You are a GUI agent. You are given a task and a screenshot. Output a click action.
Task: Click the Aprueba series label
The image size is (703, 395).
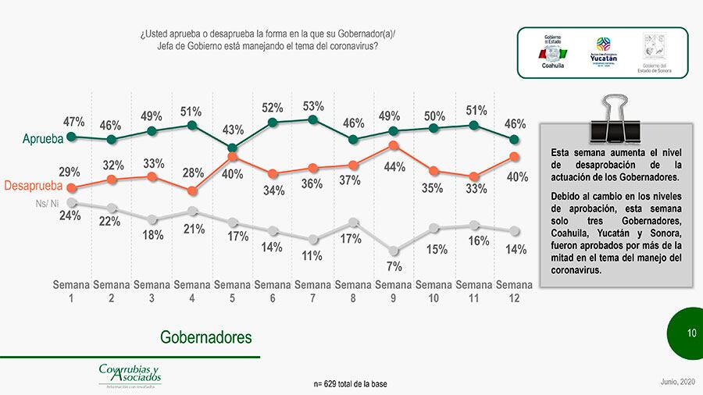tap(41, 140)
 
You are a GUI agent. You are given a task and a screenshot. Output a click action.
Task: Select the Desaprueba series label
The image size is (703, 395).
tap(33, 187)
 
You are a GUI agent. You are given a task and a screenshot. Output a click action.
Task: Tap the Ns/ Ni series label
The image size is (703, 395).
tap(48, 203)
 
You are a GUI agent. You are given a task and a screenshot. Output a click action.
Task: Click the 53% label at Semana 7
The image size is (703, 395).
tap(312, 106)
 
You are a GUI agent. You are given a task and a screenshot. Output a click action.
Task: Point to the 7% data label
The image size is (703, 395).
tap(394, 266)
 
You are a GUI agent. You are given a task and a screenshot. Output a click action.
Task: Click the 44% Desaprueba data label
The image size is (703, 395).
tap(394, 166)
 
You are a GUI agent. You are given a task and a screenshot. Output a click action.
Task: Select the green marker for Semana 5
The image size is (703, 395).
tap(232, 148)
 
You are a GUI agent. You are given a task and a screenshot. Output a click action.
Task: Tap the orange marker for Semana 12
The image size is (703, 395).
tap(513, 157)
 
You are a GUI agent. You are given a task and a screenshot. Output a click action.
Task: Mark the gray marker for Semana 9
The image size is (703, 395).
tap(394, 251)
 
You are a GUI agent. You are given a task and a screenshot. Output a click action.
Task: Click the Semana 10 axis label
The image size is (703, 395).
tap(434, 291)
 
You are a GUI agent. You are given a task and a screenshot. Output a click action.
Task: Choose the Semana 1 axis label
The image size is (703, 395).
tap(71, 291)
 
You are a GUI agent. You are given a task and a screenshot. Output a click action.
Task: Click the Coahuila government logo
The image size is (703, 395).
tap(553, 52)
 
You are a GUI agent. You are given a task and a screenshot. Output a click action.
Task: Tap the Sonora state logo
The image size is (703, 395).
tap(654, 53)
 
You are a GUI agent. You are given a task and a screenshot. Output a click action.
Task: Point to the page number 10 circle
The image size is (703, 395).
tap(691, 333)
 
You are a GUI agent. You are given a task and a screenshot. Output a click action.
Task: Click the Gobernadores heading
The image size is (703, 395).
tap(206, 337)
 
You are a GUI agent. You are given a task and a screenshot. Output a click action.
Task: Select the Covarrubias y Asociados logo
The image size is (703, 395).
tap(130, 375)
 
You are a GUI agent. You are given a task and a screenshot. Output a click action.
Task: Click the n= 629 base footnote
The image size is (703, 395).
tap(350, 384)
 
